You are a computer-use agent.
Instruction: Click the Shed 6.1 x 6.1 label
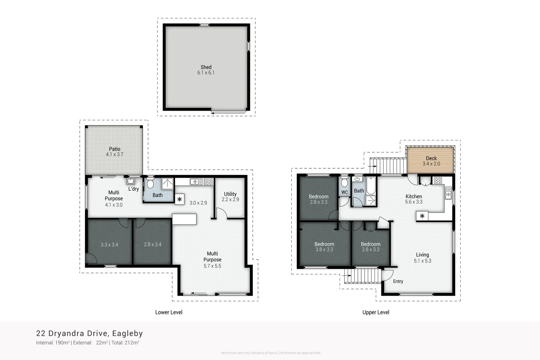[x=206, y=70]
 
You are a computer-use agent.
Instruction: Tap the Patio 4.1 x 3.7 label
[x=114, y=152]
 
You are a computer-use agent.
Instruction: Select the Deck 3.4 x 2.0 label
[x=431, y=161]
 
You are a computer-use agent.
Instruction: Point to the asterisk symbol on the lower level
[x=180, y=200]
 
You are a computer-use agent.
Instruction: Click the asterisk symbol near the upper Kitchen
[x=422, y=216]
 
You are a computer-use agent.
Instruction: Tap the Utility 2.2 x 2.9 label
[x=230, y=197]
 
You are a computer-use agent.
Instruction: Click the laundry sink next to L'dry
[x=131, y=181]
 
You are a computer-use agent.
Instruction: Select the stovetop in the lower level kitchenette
[x=209, y=182]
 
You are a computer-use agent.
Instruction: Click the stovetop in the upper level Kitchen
[x=438, y=180]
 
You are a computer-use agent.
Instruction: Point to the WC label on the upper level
[x=344, y=192]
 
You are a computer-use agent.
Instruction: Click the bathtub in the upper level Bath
[x=371, y=186]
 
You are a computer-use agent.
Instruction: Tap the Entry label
[x=398, y=281]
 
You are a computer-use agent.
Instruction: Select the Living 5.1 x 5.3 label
[x=422, y=258]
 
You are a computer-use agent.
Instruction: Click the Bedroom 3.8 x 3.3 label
[x=324, y=247]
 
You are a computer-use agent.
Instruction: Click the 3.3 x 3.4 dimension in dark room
[x=109, y=245]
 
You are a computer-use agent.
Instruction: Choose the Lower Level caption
[x=169, y=312]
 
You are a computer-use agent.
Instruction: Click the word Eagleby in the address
[x=127, y=333]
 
